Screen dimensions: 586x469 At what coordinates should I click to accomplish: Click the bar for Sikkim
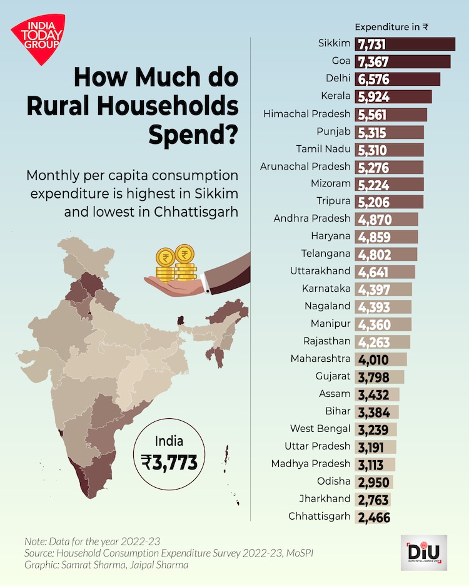click(x=405, y=44)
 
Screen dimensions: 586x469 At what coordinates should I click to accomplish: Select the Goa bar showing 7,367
click(x=403, y=61)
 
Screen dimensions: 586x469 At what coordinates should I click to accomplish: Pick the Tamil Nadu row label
click(x=323, y=149)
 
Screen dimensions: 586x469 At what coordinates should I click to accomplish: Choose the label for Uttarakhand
click(x=320, y=272)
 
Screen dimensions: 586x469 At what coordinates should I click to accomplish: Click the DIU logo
click(x=423, y=552)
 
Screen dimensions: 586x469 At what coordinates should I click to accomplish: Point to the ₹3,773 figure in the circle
click(x=169, y=462)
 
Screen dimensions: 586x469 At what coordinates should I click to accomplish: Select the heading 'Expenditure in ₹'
click(x=391, y=27)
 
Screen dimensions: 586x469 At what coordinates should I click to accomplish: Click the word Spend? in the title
click(x=194, y=133)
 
